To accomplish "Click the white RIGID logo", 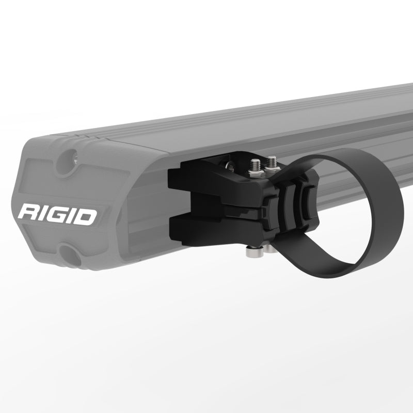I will [57, 214].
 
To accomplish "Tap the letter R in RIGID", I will [27, 213].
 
